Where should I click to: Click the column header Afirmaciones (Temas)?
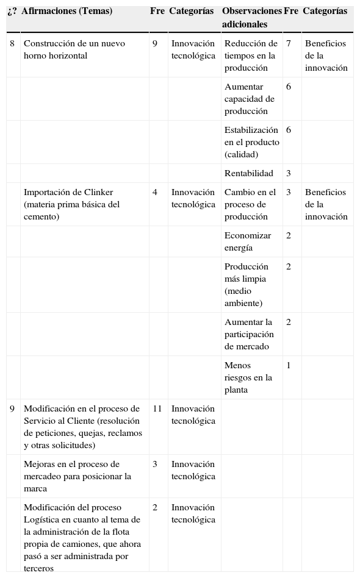[67, 12]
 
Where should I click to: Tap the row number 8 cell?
[12, 44]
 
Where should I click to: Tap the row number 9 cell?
[12, 409]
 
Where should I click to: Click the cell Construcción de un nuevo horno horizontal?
[74, 49]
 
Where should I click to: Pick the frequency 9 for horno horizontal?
[155, 44]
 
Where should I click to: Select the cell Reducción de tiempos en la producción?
[251, 55]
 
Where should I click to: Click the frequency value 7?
[289, 44]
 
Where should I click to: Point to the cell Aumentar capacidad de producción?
[250, 99]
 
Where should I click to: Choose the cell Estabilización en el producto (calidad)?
[251, 142]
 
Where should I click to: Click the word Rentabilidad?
[249, 174]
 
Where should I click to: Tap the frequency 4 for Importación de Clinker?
[155, 193]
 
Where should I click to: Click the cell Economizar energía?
[247, 241]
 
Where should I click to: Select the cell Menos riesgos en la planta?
[248, 377]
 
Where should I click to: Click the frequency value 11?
[157, 409]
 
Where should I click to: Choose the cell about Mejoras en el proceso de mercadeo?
[77, 476]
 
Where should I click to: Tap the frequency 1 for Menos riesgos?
[289, 366]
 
